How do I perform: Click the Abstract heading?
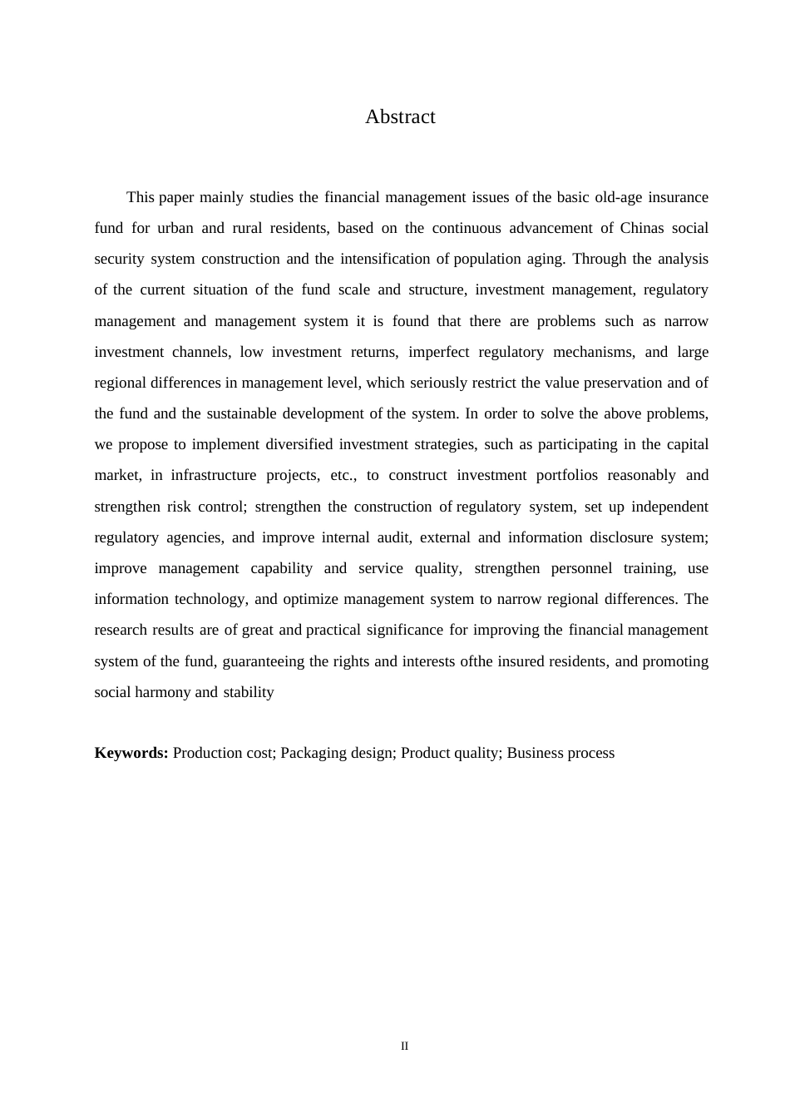tap(400, 116)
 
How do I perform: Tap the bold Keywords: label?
tap(131, 753)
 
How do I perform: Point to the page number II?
tap(404, 1046)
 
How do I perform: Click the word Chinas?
tap(642, 228)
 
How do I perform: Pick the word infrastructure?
tap(214, 475)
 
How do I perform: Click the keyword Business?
tap(534, 753)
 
